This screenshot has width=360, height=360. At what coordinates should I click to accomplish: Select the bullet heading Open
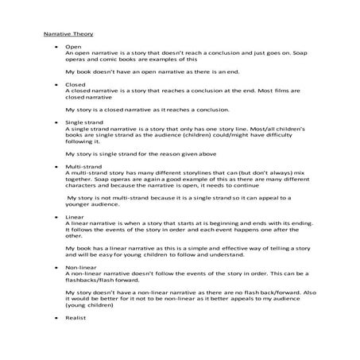coord(73,47)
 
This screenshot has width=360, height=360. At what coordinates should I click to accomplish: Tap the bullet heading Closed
coord(75,84)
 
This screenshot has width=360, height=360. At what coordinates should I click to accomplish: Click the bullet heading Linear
coord(75,216)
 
